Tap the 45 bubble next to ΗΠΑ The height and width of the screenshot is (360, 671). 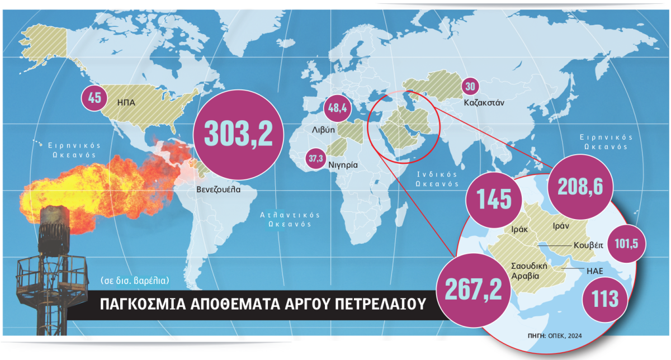pyautogui.click(x=94, y=98)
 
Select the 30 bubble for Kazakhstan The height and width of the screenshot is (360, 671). pyautogui.click(x=471, y=87)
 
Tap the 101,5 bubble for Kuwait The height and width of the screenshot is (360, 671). pyautogui.click(x=626, y=244)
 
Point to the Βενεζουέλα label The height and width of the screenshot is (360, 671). pyautogui.click(x=219, y=189)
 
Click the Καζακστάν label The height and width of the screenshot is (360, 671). pyautogui.click(x=484, y=103)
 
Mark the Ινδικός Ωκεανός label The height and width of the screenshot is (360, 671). pyautogui.click(x=437, y=179)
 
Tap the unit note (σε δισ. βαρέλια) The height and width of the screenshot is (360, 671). pyautogui.click(x=136, y=280)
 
